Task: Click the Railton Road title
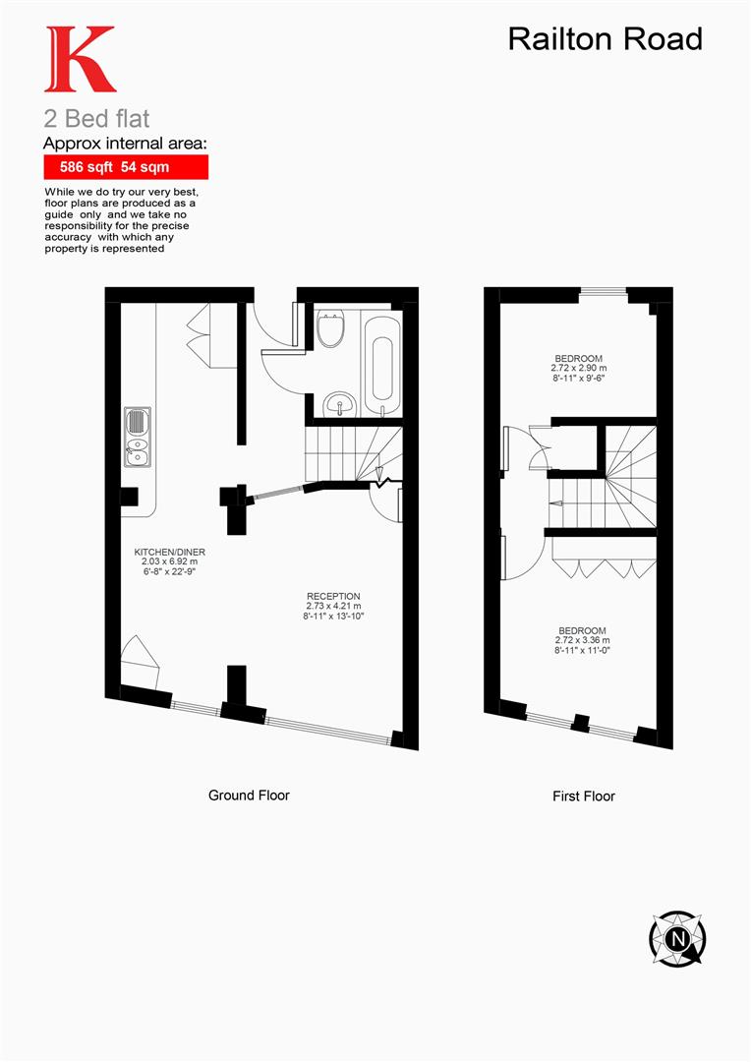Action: pyautogui.click(x=606, y=38)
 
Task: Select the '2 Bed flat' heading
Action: pyautogui.click(x=96, y=119)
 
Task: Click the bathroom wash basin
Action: pyautogui.click(x=341, y=402)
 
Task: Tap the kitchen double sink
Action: pyautogui.click(x=137, y=437)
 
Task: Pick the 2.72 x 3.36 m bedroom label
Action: pyautogui.click(x=582, y=640)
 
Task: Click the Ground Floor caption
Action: pyautogui.click(x=249, y=795)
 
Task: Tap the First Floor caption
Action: pyautogui.click(x=583, y=796)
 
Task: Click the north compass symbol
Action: pyautogui.click(x=677, y=937)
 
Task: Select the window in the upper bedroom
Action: pyautogui.click(x=602, y=291)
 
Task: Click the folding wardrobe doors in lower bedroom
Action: pyautogui.click(x=604, y=566)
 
